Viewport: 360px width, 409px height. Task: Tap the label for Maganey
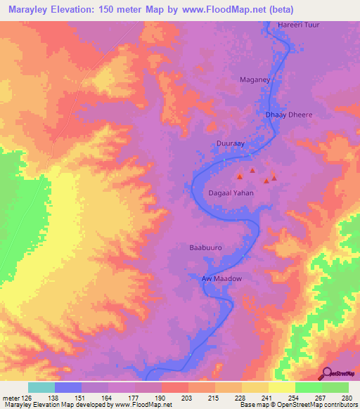pyautogui.click(x=255, y=80)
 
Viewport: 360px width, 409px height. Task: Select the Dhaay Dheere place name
pyautogui.click(x=288, y=115)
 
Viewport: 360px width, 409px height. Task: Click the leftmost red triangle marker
pyautogui.click(x=240, y=176)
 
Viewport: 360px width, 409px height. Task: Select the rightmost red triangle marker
pyautogui.click(x=274, y=176)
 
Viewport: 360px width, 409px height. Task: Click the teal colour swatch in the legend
pyautogui.click(x=41, y=387)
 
